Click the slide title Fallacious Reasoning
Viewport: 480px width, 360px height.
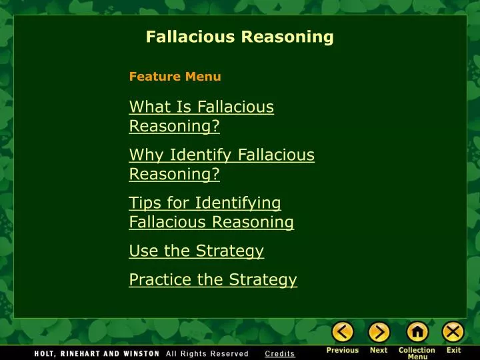coord(239,37)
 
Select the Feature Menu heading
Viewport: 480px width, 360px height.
coord(175,77)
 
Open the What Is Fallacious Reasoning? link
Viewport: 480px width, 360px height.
coord(201,116)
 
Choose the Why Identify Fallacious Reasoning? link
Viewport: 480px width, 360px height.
coord(221,164)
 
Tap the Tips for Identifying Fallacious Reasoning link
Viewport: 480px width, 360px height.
coord(211,212)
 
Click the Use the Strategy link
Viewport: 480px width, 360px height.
coord(196,251)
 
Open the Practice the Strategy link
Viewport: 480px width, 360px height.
coord(213,279)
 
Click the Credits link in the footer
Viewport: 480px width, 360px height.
coord(279,353)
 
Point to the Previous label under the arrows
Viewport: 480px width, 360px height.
coord(343,350)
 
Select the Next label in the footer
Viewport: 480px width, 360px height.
coord(379,350)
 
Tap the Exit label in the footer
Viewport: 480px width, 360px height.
coord(453,350)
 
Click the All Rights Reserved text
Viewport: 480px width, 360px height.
coord(207,353)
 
